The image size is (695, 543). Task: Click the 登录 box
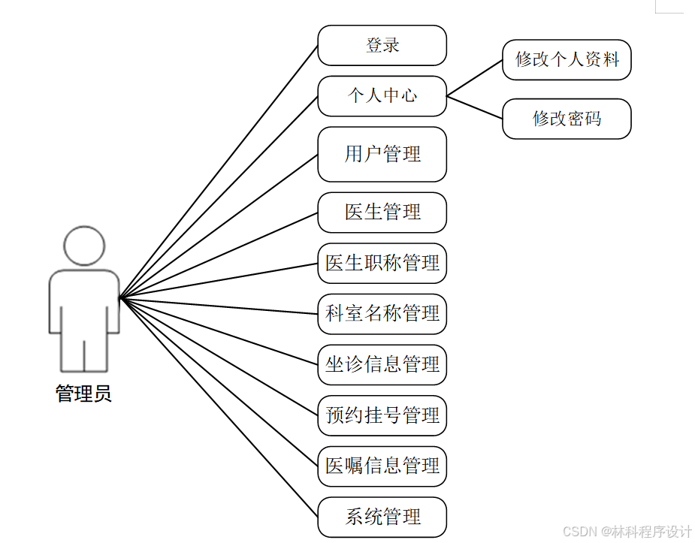[382, 46]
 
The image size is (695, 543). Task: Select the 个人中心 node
[382, 96]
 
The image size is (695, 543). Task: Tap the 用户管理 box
[382, 154]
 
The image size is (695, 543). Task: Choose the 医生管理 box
[382, 213]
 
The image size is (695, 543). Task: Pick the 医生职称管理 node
[382, 263]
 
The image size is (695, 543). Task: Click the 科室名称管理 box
[382, 314]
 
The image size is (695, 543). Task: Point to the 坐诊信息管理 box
[382, 365]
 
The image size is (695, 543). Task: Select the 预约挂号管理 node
[382, 415]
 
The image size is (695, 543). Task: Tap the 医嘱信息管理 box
[382, 466]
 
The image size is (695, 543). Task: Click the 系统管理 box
[382, 517]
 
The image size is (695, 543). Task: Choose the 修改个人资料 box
[567, 60]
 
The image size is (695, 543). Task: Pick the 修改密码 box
[567, 119]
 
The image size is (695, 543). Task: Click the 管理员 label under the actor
[83, 394]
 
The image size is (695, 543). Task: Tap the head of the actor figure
[83, 245]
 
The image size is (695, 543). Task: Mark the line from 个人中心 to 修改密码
[475, 107]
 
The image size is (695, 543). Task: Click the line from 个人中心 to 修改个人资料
[475, 78]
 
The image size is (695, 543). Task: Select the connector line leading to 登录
[219, 172]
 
